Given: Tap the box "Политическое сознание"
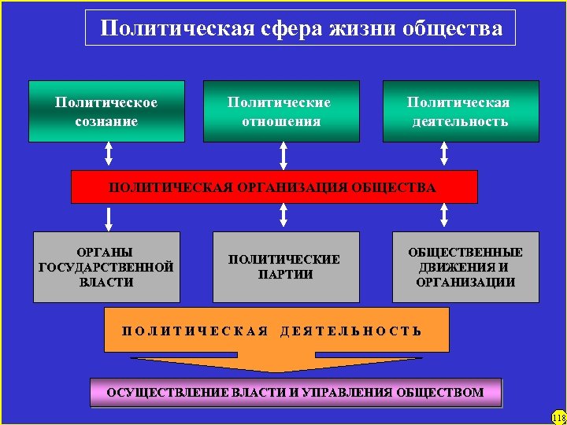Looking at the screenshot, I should coord(106,111).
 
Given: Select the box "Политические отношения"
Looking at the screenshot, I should coord(281,111).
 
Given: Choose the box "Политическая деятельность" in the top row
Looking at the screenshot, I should coord(461,111).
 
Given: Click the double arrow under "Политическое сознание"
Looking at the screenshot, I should coord(109,154).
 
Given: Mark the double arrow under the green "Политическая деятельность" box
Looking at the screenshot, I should coord(445,154).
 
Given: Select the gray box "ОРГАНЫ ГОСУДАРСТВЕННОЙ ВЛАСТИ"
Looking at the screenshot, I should coord(106,267).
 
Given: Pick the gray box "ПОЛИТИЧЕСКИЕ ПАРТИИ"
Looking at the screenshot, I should coord(286,267).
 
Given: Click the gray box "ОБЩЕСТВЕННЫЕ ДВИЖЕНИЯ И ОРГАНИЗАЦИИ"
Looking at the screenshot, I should coord(465,267).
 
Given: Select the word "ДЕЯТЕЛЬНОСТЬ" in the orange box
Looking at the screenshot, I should coord(351,331).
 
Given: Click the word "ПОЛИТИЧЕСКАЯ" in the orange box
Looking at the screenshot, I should coord(196,331).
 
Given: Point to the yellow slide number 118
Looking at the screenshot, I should coord(558,417).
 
